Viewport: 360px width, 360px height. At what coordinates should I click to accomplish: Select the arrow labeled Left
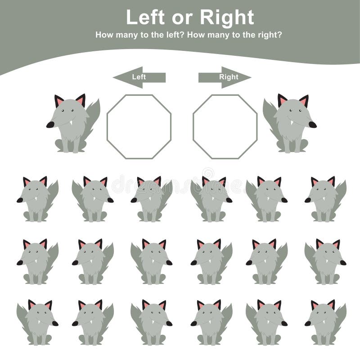pyautogui.click(x=139, y=77)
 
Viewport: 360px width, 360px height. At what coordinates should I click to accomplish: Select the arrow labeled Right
pyautogui.click(x=225, y=77)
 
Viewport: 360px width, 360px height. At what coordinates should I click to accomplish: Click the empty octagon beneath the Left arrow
pyautogui.click(x=139, y=126)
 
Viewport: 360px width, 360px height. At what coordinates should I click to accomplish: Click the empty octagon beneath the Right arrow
pyautogui.click(x=225, y=126)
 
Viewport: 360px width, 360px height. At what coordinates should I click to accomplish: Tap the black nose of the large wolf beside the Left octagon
pyautogui.click(x=50, y=125)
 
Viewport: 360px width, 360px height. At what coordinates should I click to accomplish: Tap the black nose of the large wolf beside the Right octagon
pyautogui.click(x=312, y=125)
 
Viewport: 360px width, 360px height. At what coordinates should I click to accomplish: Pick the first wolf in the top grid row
pyautogui.click(x=38, y=199)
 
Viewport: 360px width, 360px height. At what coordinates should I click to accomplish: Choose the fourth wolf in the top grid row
pyautogui.click(x=211, y=199)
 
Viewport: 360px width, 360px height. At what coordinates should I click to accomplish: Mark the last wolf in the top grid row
pyautogui.click(x=325, y=199)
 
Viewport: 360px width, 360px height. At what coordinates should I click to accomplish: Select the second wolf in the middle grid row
pyautogui.click(x=92, y=261)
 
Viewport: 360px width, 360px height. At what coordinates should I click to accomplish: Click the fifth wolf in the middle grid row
pyautogui.click(x=266, y=261)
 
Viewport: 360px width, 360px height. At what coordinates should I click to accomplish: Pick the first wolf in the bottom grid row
pyautogui.click(x=38, y=322)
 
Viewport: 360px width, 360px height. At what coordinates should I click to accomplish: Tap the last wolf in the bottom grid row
pyautogui.click(x=325, y=322)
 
